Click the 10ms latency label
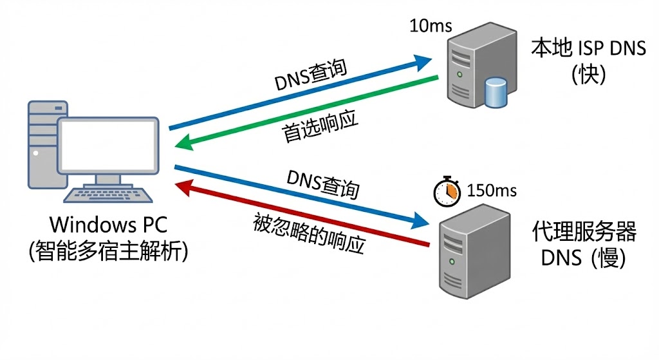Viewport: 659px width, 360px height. (x=431, y=26)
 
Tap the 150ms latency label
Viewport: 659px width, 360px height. (x=491, y=191)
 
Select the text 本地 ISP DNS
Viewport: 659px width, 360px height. (x=588, y=48)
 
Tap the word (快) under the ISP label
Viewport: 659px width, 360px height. (x=588, y=75)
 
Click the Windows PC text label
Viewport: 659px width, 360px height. (x=108, y=225)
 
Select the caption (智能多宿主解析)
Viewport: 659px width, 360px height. (x=108, y=251)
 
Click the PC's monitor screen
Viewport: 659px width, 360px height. (x=108, y=146)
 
